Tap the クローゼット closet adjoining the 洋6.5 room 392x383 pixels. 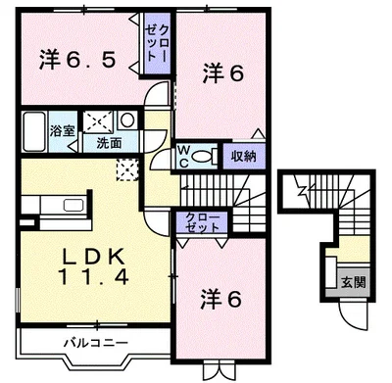coord(157,44)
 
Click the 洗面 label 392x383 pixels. coord(108,142)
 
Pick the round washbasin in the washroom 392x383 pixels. coord(128,121)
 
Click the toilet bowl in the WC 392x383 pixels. coord(202,155)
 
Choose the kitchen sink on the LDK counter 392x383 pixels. coord(73,206)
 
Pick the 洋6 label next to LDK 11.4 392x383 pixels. coord(222,296)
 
